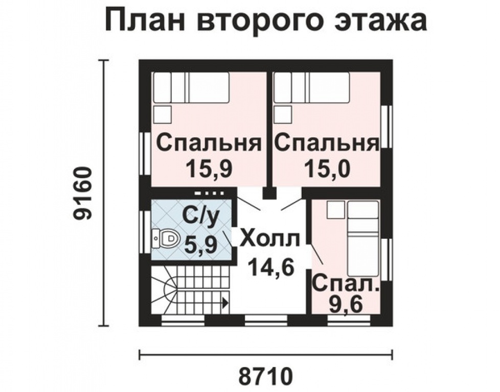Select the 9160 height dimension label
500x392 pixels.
coord(82,193)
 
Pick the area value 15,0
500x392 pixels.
coord(327,168)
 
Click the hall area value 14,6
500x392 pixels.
coord(270,266)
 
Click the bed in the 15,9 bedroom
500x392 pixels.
coord(191,88)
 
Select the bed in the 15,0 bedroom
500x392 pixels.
coord(311,88)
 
